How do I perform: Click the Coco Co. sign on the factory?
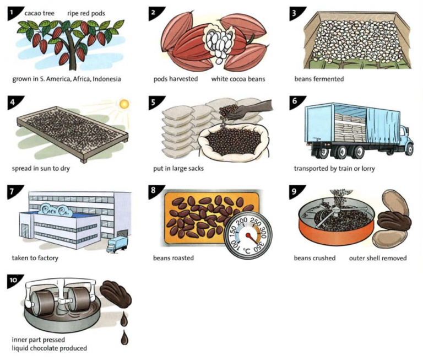coord(56,211)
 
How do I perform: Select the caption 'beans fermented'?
coord(319,79)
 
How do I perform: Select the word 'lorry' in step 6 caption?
coord(366,168)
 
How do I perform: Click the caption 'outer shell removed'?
coord(377,258)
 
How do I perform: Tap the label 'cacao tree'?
coord(39,13)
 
